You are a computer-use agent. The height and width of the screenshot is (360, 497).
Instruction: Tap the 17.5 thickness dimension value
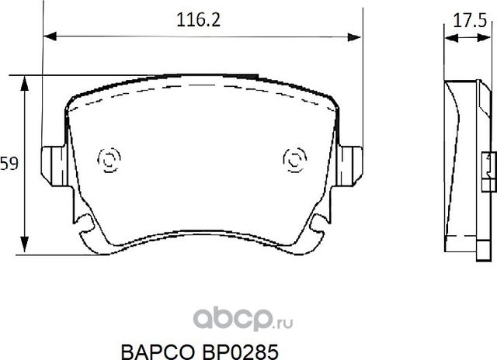(x=464, y=21)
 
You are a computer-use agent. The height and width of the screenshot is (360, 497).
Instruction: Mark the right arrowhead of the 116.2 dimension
(x=360, y=36)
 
